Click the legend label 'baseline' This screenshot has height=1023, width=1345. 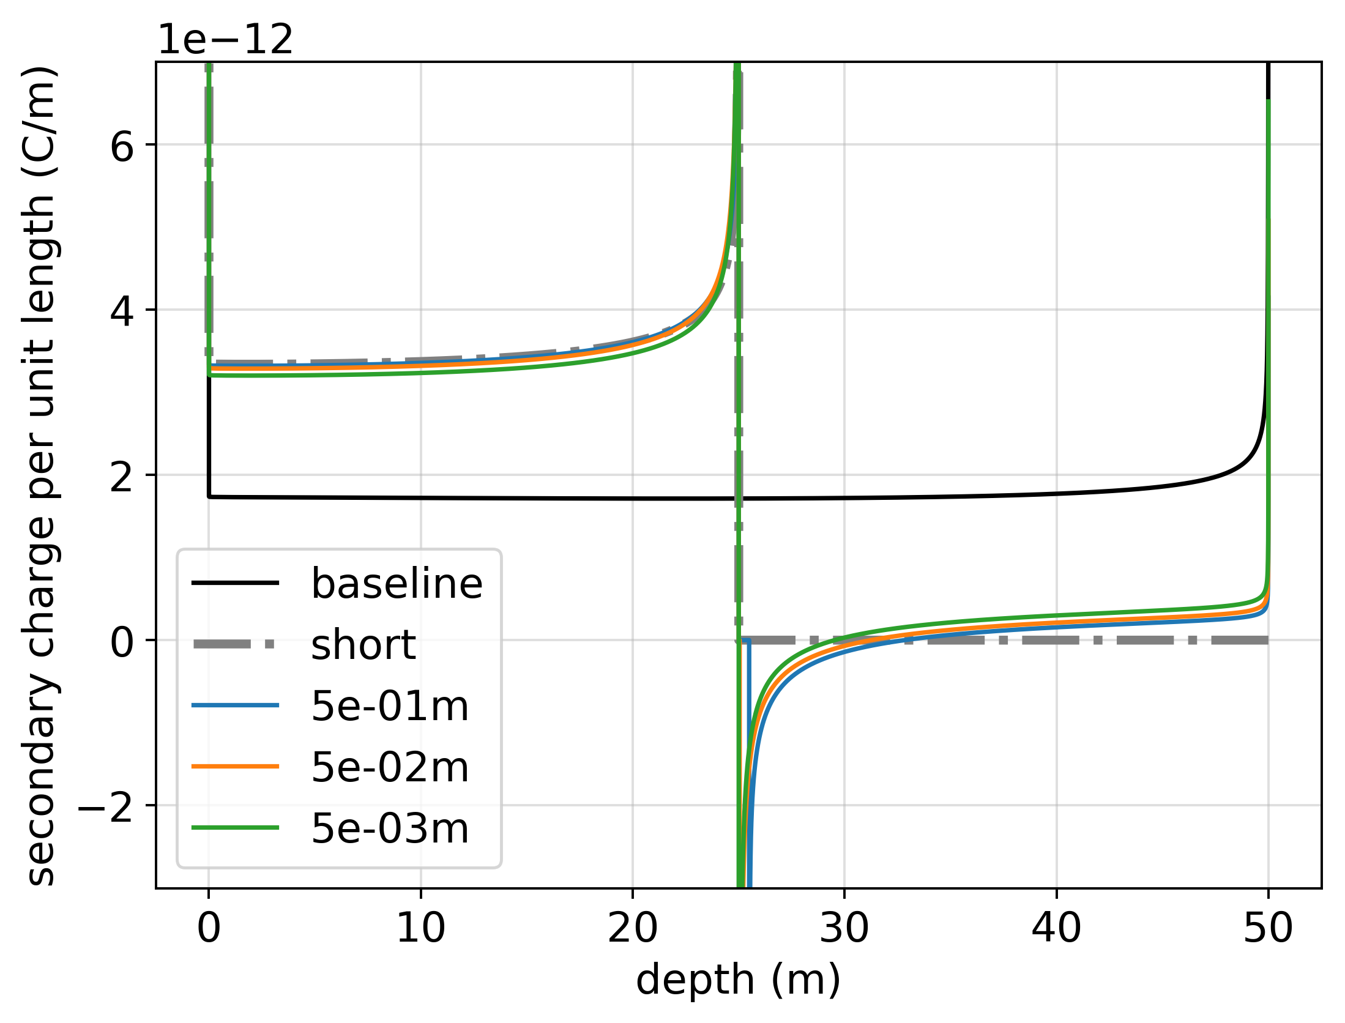pyautogui.click(x=397, y=584)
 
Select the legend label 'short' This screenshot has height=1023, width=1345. pyautogui.click(x=363, y=645)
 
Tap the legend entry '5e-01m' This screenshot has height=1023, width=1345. pyautogui.click(x=390, y=706)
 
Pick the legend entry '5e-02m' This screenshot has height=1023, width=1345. pyautogui.click(x=390, y=767)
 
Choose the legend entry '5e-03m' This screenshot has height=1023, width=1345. pyautogui.click(x=390, y=828)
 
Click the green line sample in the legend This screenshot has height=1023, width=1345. pyautogui.click(x=236, y=828)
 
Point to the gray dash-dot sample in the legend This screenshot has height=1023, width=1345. pyautogui.click(x=236, y=644)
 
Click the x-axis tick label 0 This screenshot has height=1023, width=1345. pyautogui.click(x=209, y=928)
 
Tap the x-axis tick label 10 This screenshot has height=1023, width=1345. pyautogui.click(x=420, y=928)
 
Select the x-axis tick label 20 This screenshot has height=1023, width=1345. pyautogui.click(x=632, y=928)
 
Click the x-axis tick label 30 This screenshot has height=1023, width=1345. pyautogui.click(x=844, y=928)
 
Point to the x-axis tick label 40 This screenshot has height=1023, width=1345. pyautogui.click(x=1056, y=928)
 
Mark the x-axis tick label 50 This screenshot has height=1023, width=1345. pyautogui.click(x=1268, y=928)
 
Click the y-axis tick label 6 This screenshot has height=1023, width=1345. pyautogui.click(x=122, y=147)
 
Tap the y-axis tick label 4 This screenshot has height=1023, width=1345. pyautogui.click(x=122, y=312)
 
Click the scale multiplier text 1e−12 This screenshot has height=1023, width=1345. pyautogui.click(x=225, y=40)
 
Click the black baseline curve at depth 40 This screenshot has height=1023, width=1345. pyautogui.click(x=1056, y=494)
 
